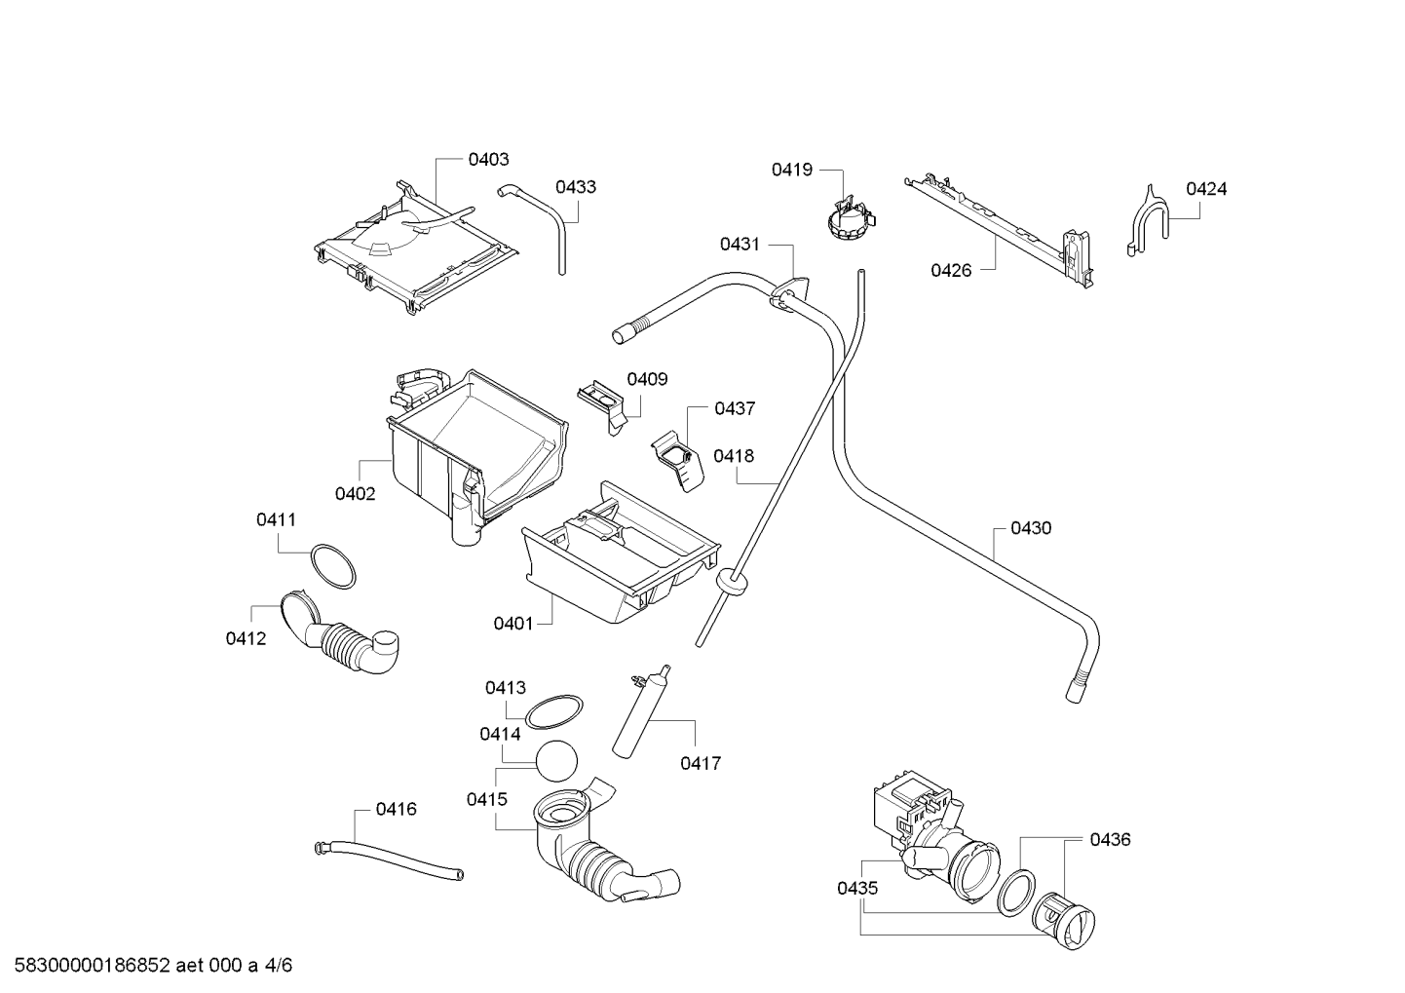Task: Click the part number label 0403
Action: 488,160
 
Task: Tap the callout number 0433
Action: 575,187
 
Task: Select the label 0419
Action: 791,170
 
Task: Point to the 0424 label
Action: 1205,189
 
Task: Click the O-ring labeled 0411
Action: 332,566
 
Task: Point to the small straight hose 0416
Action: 389,860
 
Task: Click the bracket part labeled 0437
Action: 677,461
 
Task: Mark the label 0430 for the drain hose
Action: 1031,528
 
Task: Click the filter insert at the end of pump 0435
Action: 1063,922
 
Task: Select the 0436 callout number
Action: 1110,839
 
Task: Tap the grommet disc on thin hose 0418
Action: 731,582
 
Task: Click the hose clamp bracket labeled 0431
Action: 788,293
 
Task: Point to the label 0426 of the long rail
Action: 951,271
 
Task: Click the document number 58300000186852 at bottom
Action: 92,966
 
